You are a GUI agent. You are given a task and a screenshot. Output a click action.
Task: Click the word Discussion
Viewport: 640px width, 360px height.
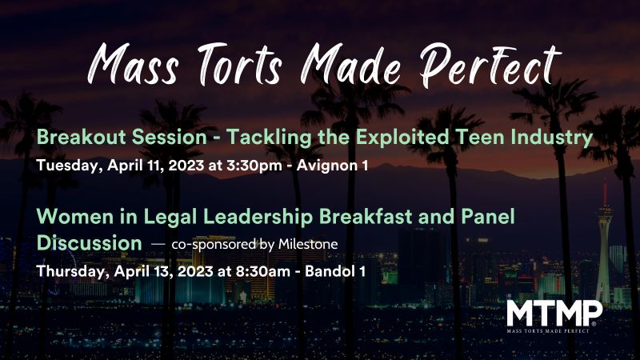[90, 241]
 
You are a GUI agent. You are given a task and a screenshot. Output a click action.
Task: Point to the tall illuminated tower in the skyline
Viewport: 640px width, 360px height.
[605, 240]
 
